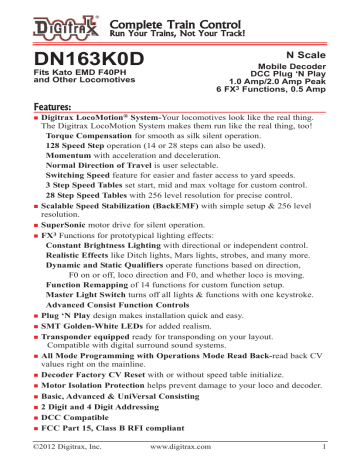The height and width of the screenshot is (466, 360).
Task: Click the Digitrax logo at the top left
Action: click(38, 19)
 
